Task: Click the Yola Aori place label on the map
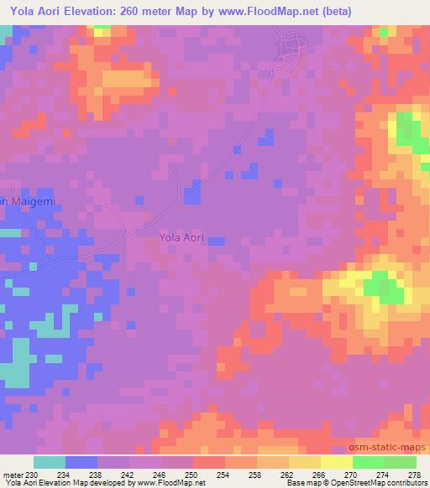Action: [x=181, y=238]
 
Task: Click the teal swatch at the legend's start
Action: [x=50, y=463]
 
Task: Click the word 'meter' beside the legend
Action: [x=12, y=475]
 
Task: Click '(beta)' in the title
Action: [x=334, y=11]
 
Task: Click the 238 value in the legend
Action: [x=97, y=475]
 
